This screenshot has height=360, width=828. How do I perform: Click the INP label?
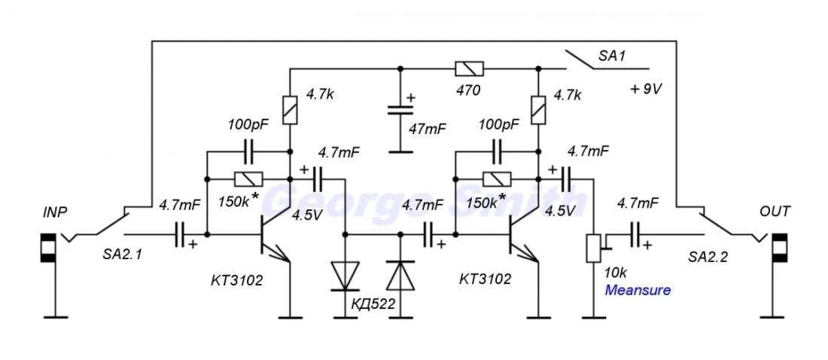[x=55, y=212]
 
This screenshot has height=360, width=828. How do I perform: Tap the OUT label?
[x=775, y=212]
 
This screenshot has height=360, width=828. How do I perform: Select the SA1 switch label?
[x=612, y=56]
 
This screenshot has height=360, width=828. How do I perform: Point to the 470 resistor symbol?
[x=469, y=69]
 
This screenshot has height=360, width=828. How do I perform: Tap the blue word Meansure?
[x=638, y=290]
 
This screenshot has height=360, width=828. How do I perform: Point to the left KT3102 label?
[x=236, y=280]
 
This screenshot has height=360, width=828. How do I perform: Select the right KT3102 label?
[x=486, y=279]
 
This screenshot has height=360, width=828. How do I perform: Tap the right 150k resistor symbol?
[x=496, y=179]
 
